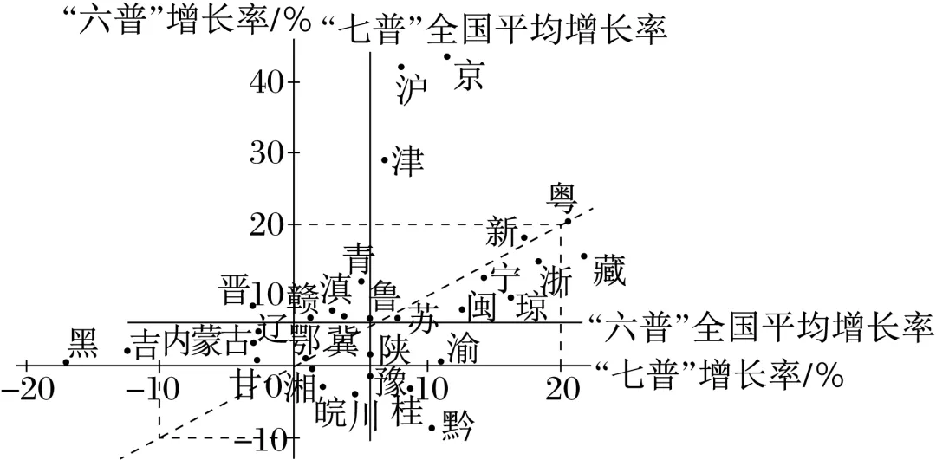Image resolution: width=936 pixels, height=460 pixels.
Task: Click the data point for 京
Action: point(447,56)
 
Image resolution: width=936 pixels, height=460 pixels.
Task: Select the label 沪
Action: point(413,88)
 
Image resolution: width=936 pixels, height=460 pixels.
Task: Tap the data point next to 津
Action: point(385,159)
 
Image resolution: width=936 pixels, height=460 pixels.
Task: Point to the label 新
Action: point(502,232)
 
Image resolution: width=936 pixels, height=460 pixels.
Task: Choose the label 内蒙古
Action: point(207,340)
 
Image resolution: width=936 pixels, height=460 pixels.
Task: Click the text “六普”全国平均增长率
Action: point(759,327)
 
